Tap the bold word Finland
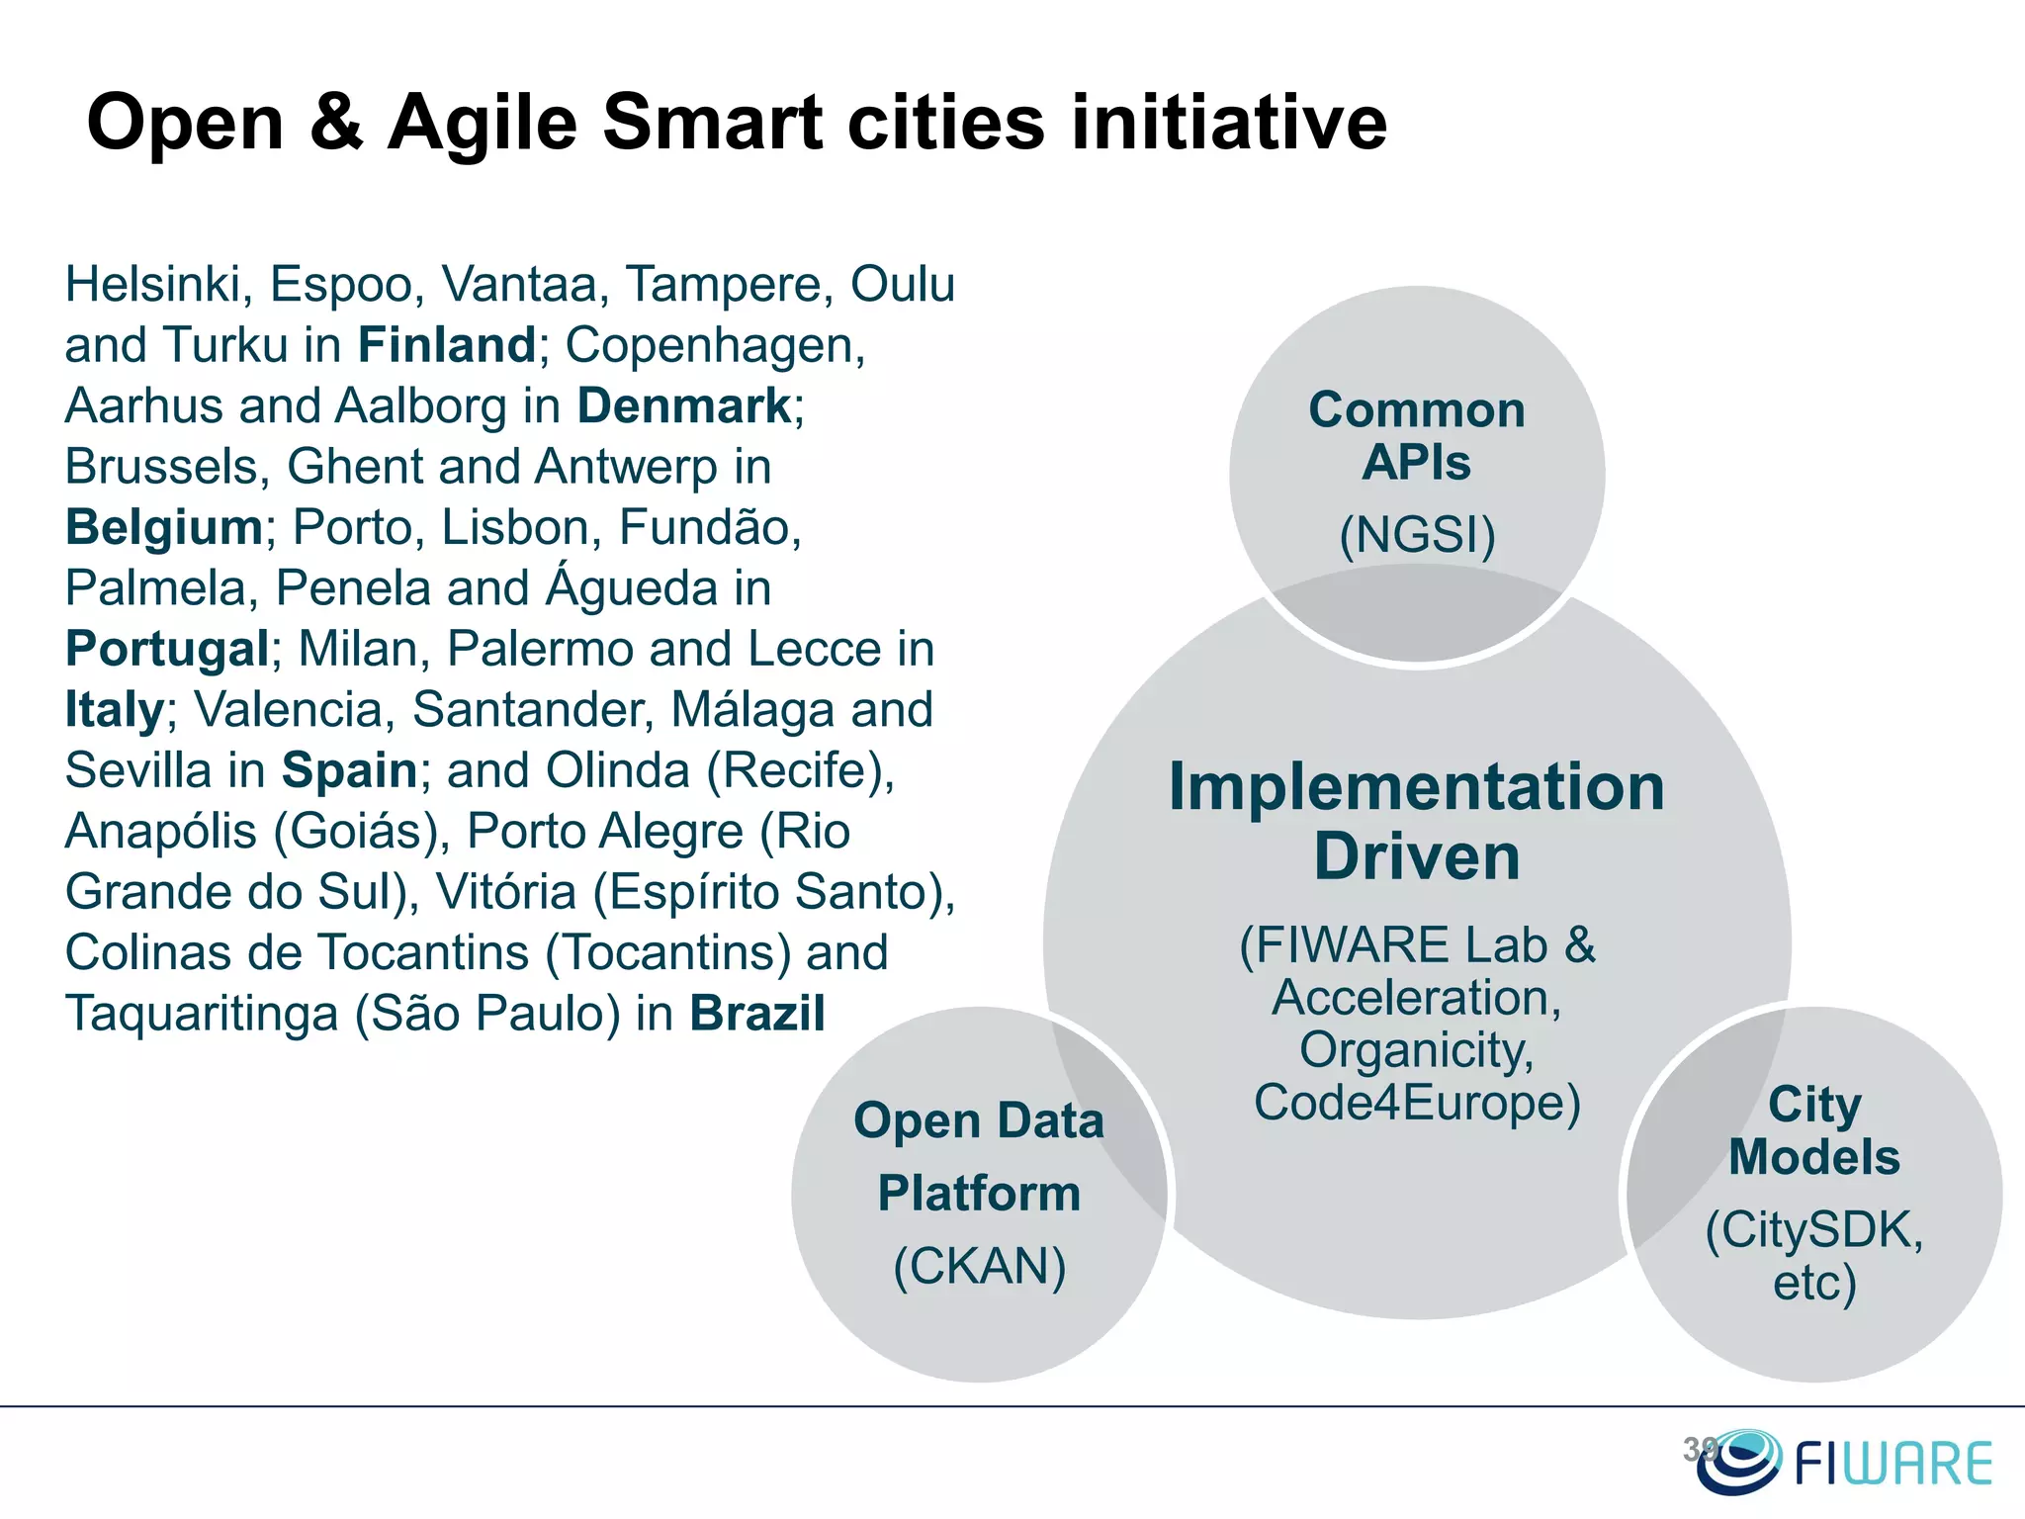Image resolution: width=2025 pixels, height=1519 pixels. [x=447, y=345]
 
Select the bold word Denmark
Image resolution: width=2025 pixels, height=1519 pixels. [x=684, y=406]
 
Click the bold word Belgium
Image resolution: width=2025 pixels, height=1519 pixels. [x=164, y=527]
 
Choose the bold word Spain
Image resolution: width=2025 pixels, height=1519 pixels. [x=350, y=770]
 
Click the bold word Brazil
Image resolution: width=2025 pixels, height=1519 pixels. [x=757, y=1014]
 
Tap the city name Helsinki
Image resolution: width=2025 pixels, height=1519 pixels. [x=153, y=285]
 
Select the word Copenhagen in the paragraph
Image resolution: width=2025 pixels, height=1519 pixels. [x=715, y=345]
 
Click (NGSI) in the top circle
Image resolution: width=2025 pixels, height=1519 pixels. [x=1417, y=535]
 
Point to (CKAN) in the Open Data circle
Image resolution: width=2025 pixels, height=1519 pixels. [x=980, y=1266]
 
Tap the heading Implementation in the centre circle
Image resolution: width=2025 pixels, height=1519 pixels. [x=1417, y=787]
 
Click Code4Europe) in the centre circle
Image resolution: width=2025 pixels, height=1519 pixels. [x=1417, y=1103]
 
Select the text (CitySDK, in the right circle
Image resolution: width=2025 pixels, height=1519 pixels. [x=1814, y=1230]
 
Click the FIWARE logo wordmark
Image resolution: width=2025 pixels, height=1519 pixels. [x=1893, y=1465]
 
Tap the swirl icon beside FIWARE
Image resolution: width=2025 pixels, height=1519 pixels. [x=1738, y=1461]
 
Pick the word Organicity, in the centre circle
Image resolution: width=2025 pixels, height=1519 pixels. [x=1417, y=1050]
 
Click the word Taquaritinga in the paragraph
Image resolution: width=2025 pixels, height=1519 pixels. [x=202, y=1014]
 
